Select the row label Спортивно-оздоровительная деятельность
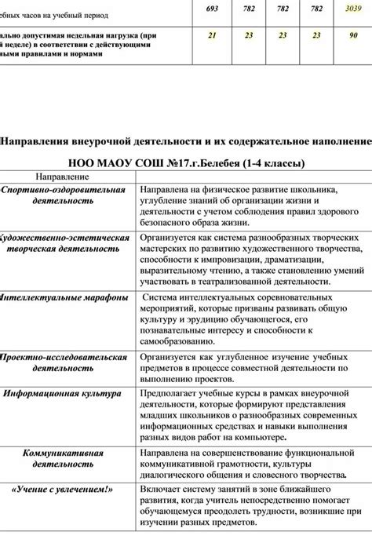coord(63,195)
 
